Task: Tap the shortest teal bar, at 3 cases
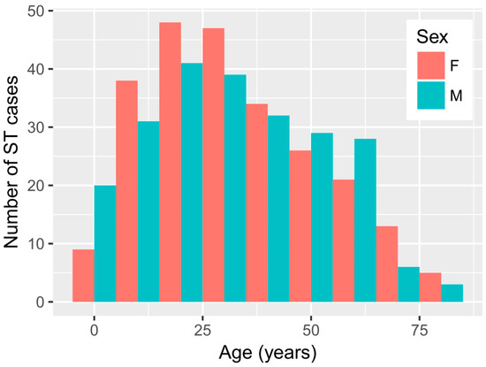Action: click(x=451, y=294)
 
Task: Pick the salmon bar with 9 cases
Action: click(x=83, y=276)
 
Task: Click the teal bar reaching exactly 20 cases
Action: click(x=105, y=244)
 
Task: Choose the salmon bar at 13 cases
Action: click(x=386, y=264)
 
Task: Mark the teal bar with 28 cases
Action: click(x=364, y=220)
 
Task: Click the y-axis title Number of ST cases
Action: click(x=15, y=157)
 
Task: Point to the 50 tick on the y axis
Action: click(x=38, y=11)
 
